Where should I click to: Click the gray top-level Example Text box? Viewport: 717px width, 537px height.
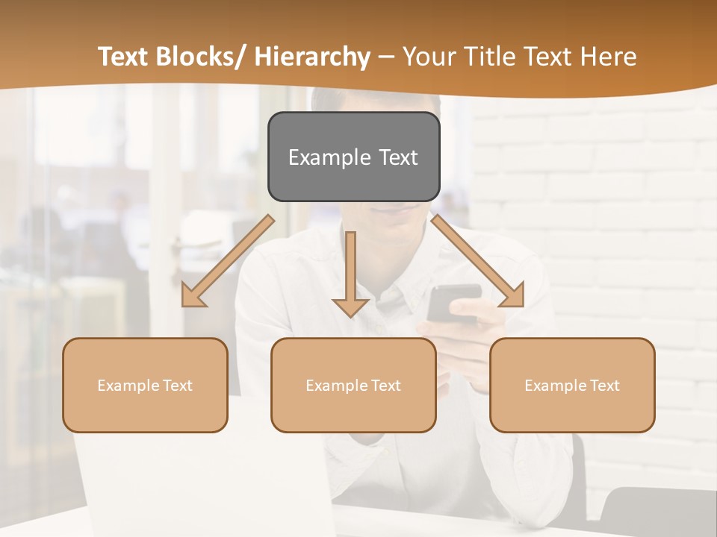point(353,157)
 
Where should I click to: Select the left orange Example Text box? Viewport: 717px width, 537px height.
point(145,385)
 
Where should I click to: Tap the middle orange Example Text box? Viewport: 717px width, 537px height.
point(353,385)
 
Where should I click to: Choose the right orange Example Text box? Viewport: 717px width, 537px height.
point(572,385)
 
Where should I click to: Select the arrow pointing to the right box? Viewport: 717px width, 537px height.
point(477,261)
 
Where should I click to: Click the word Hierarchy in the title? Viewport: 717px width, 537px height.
point(312,57)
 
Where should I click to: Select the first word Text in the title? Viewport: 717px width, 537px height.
point(123,57)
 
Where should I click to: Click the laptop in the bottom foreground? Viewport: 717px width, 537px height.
point(202,485)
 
